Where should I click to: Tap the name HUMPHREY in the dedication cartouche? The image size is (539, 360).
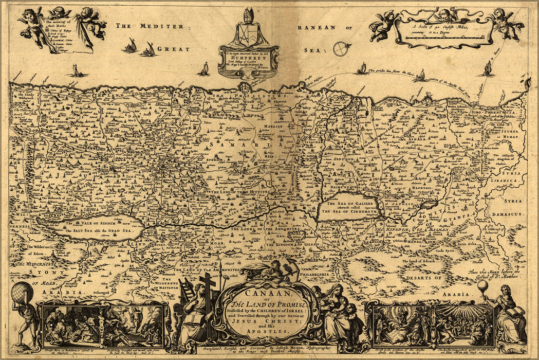tap(249, 58)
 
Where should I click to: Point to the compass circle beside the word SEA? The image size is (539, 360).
tap(340, 49)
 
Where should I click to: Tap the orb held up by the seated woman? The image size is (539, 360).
tap(482, 286)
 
